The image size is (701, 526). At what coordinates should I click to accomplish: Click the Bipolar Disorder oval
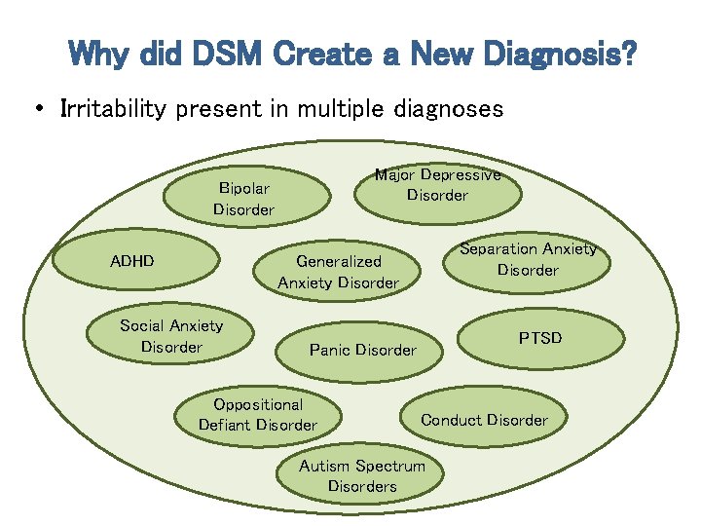(x=244, y=198)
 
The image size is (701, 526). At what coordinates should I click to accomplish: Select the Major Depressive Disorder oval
(x=437, y=185)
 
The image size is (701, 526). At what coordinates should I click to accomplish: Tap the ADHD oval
(x=132, y=261)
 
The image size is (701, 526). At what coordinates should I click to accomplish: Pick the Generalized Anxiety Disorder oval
(x=338, y=272)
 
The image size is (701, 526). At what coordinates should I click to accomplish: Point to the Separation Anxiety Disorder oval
(x=528, y=259)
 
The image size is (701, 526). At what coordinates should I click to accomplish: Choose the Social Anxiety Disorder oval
(x=171, y=336)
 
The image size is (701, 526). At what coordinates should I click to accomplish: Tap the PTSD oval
(x=539, y=338)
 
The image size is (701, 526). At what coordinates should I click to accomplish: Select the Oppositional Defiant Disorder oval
(x=258, y=414)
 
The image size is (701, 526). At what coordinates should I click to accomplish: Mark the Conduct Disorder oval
(x=484, y=420)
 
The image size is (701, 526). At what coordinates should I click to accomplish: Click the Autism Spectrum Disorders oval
(x=362, y=475)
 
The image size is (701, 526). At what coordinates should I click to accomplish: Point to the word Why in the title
(x=99, y=54)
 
